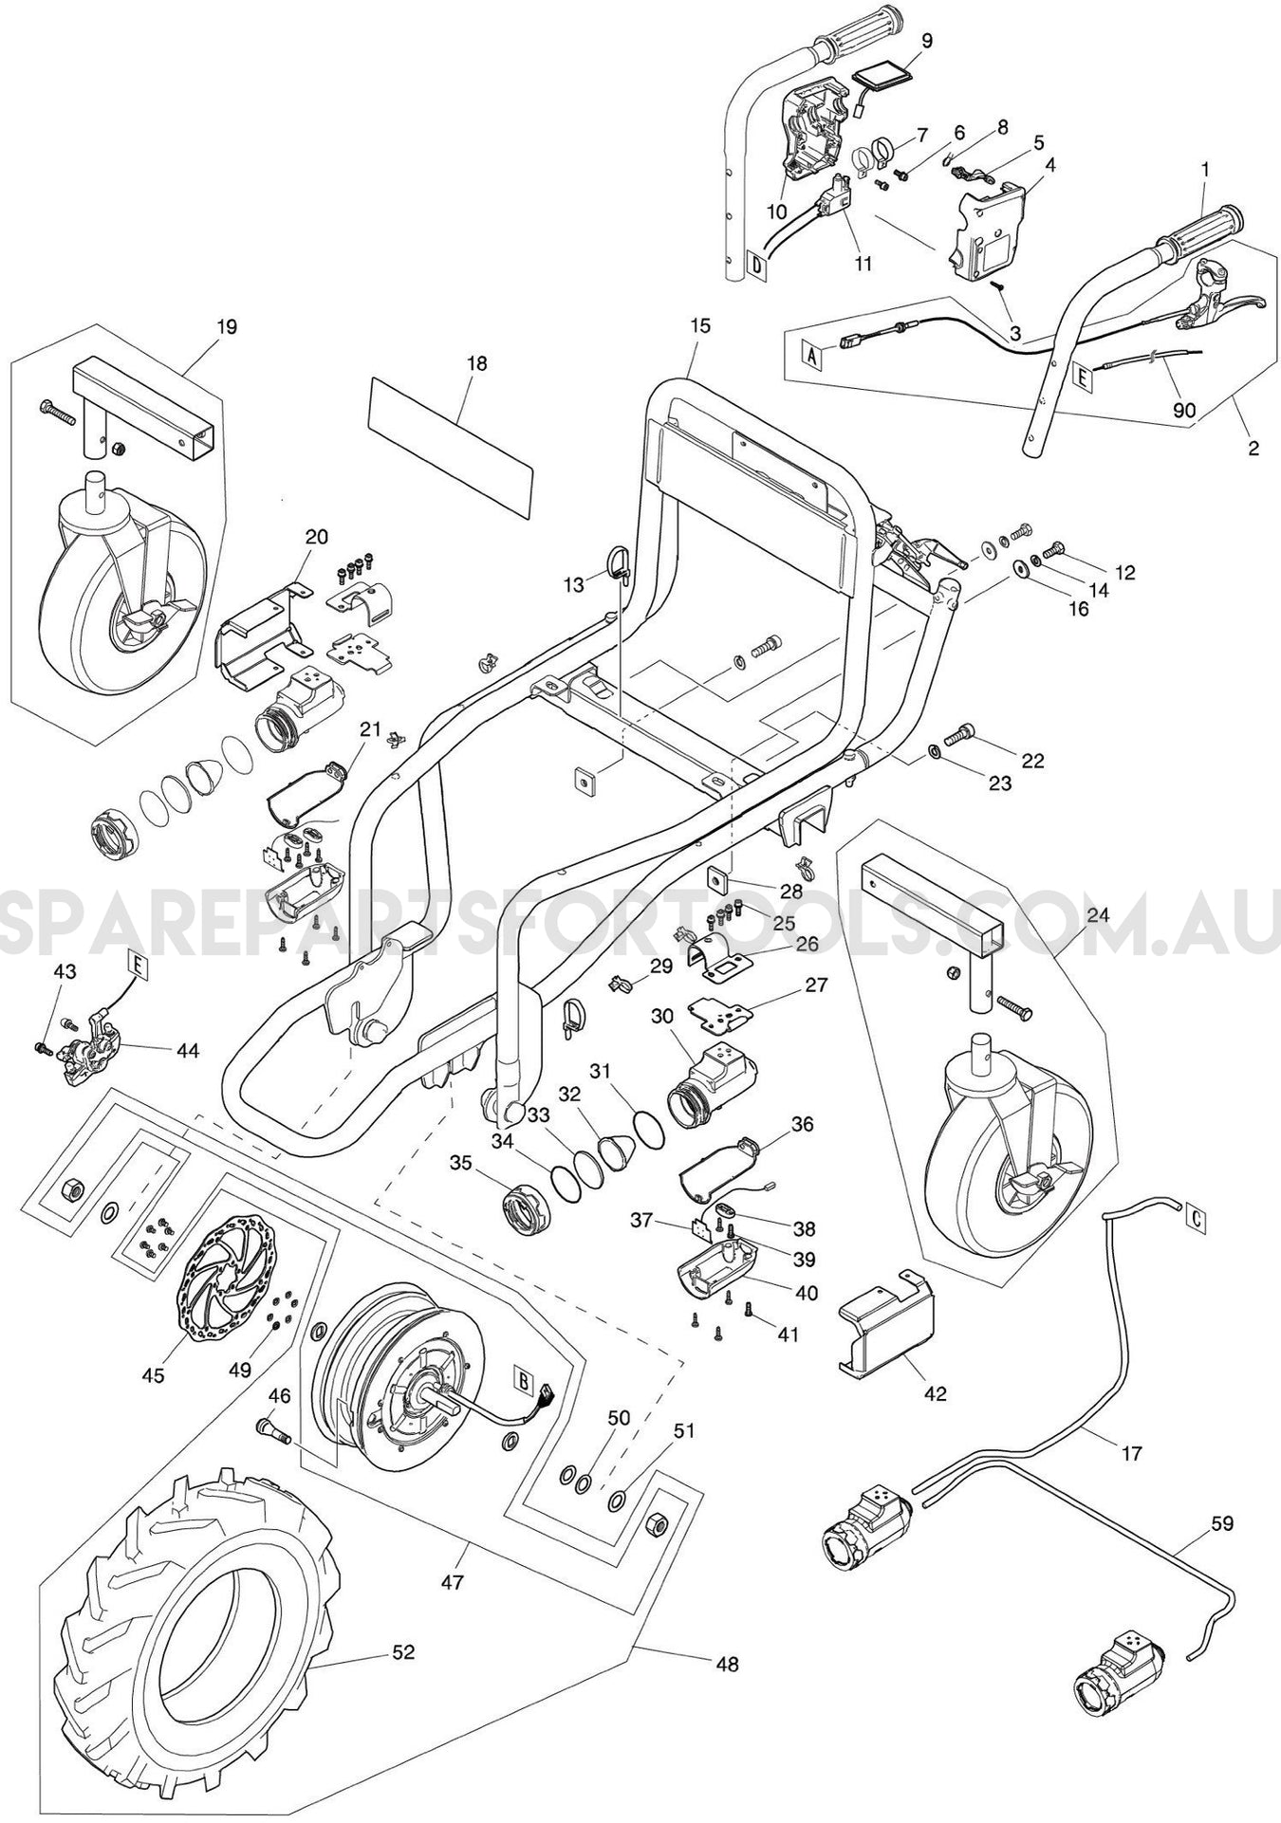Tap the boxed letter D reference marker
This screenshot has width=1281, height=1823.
(x=756, y=266)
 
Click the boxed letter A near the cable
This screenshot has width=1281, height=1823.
(x=811, y=356)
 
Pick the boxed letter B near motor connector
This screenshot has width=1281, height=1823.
(x=522, y=1379)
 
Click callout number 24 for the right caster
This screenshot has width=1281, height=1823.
(x=1097, y=915)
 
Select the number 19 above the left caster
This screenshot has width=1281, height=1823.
(x=227, y=327)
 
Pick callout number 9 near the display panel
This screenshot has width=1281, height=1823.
(x=926, y=41)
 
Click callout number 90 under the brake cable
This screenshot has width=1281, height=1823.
(x=1185, y=411)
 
